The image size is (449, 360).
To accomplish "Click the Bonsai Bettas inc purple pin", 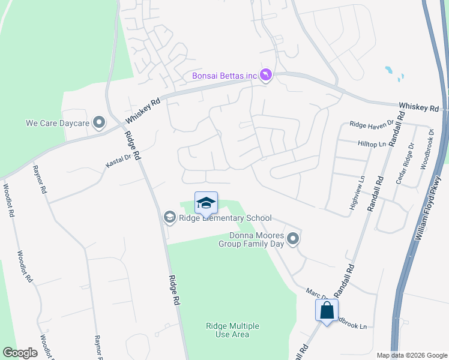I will (266, 75).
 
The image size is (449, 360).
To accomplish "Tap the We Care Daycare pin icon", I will (100, 123).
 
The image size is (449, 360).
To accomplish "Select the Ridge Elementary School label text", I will (226, 218).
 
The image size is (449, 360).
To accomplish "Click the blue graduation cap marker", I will (206, 203).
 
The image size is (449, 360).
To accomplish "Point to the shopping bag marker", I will (327, 311).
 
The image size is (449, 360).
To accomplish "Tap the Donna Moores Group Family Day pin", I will (293, 239).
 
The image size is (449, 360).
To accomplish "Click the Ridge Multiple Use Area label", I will (232, 330).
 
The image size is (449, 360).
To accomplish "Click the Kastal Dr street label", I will (118, 160).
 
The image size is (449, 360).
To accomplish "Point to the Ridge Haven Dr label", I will (371, 124).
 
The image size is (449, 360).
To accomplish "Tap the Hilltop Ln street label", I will (372, 145).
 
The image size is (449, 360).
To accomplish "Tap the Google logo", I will (20, 352).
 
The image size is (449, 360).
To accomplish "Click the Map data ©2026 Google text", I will (411, 355).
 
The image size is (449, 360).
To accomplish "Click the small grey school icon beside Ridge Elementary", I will (170, 217).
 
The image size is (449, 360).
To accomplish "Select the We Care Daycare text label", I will (57, 123).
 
